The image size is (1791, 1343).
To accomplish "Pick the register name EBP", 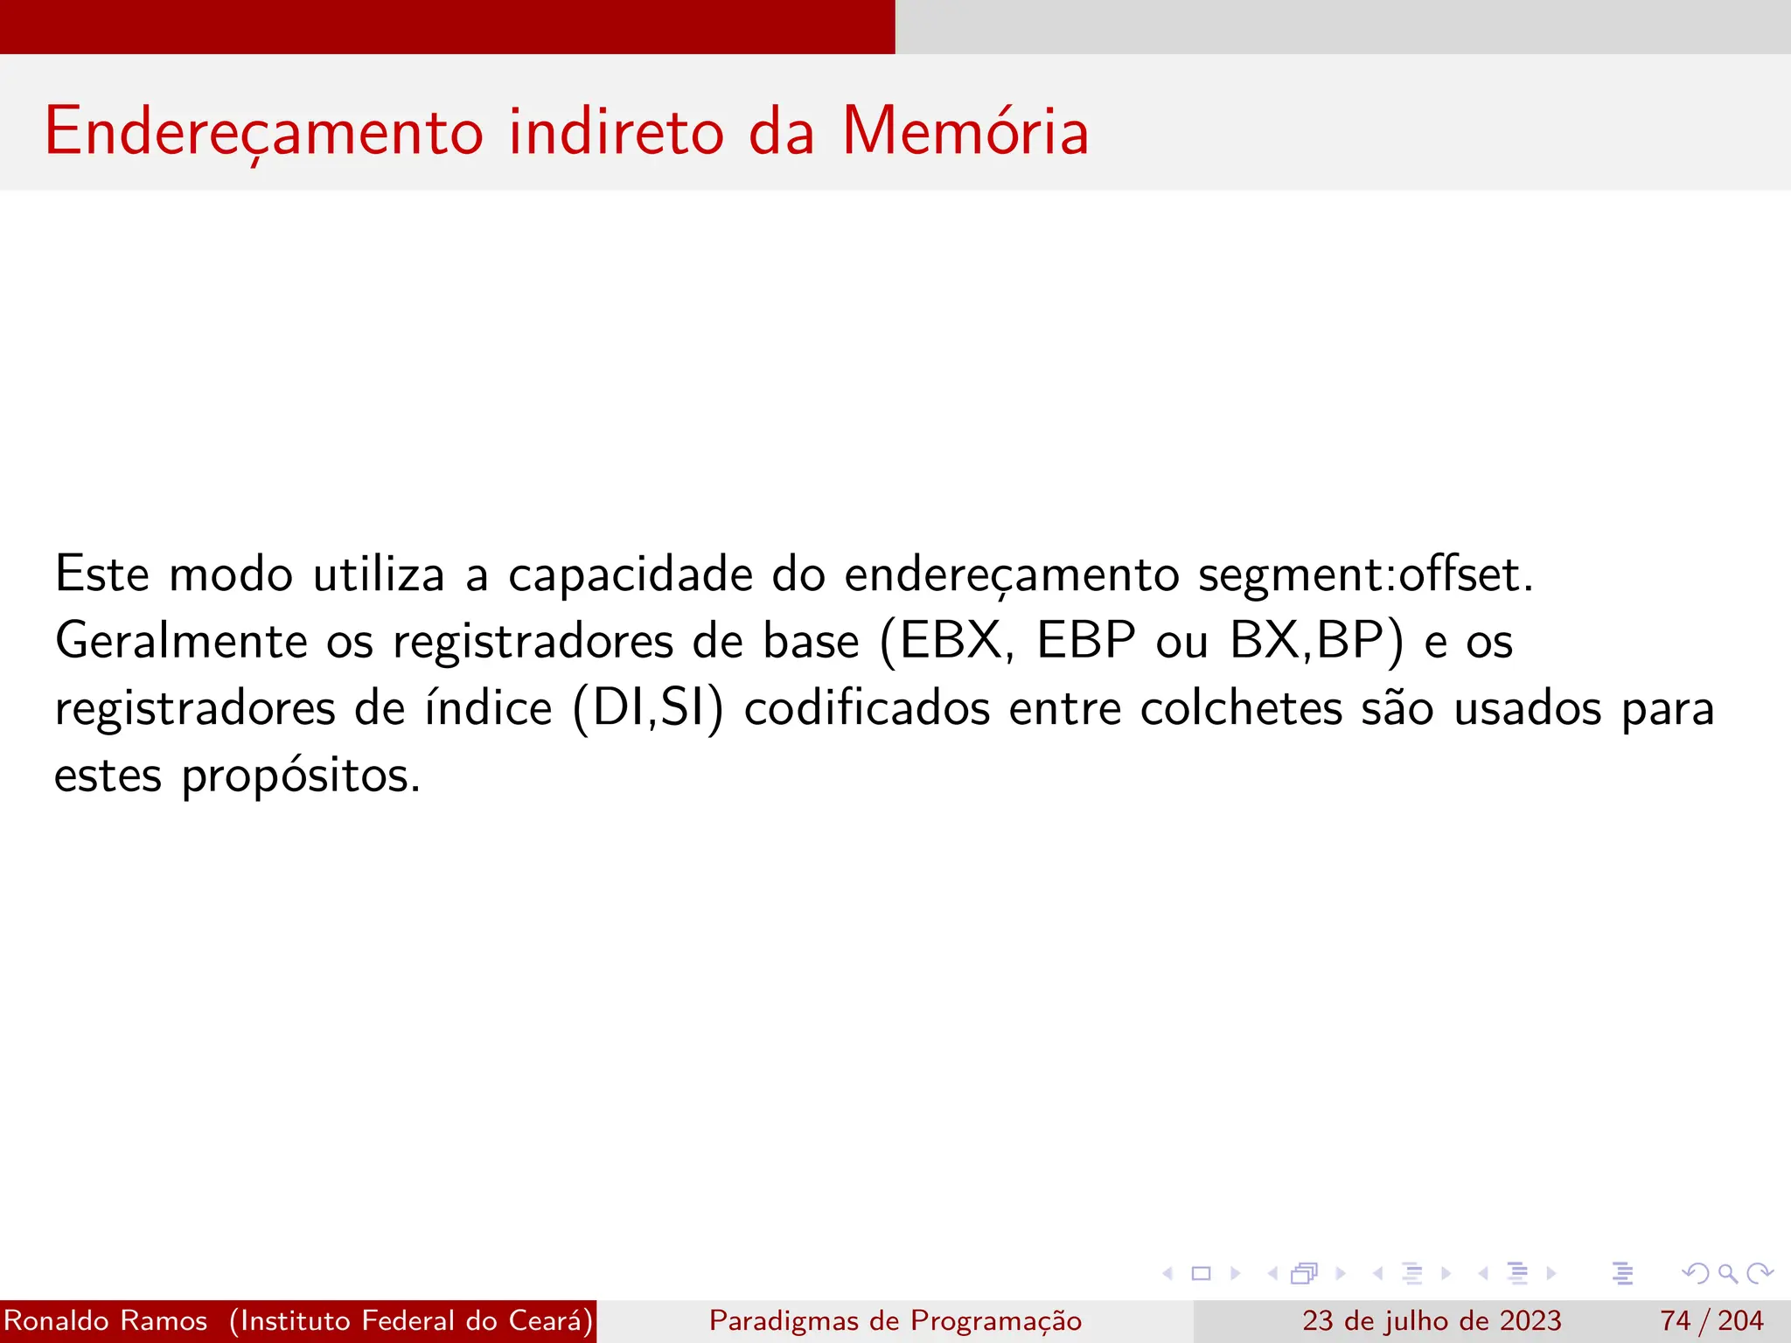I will [x=1086, y=640].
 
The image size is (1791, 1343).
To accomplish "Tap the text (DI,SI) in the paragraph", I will [x=648, y=708].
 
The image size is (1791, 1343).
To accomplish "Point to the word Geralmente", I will [x=181, y=642].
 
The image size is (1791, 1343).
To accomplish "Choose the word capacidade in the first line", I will [x=631, y=576].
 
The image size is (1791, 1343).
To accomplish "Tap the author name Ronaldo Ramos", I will [x=106, y=1320].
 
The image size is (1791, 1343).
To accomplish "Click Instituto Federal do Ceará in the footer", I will [x=411, y=1320].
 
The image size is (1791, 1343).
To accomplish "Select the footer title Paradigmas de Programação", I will [x=895, y=1320].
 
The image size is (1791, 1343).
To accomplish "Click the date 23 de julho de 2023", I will [x=1432, y=1320].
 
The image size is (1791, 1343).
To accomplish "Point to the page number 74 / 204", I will [x=1711, y=1320].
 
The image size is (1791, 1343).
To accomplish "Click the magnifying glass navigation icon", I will [x=1727, y=1273].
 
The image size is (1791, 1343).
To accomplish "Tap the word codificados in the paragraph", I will [x=867, y=708].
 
